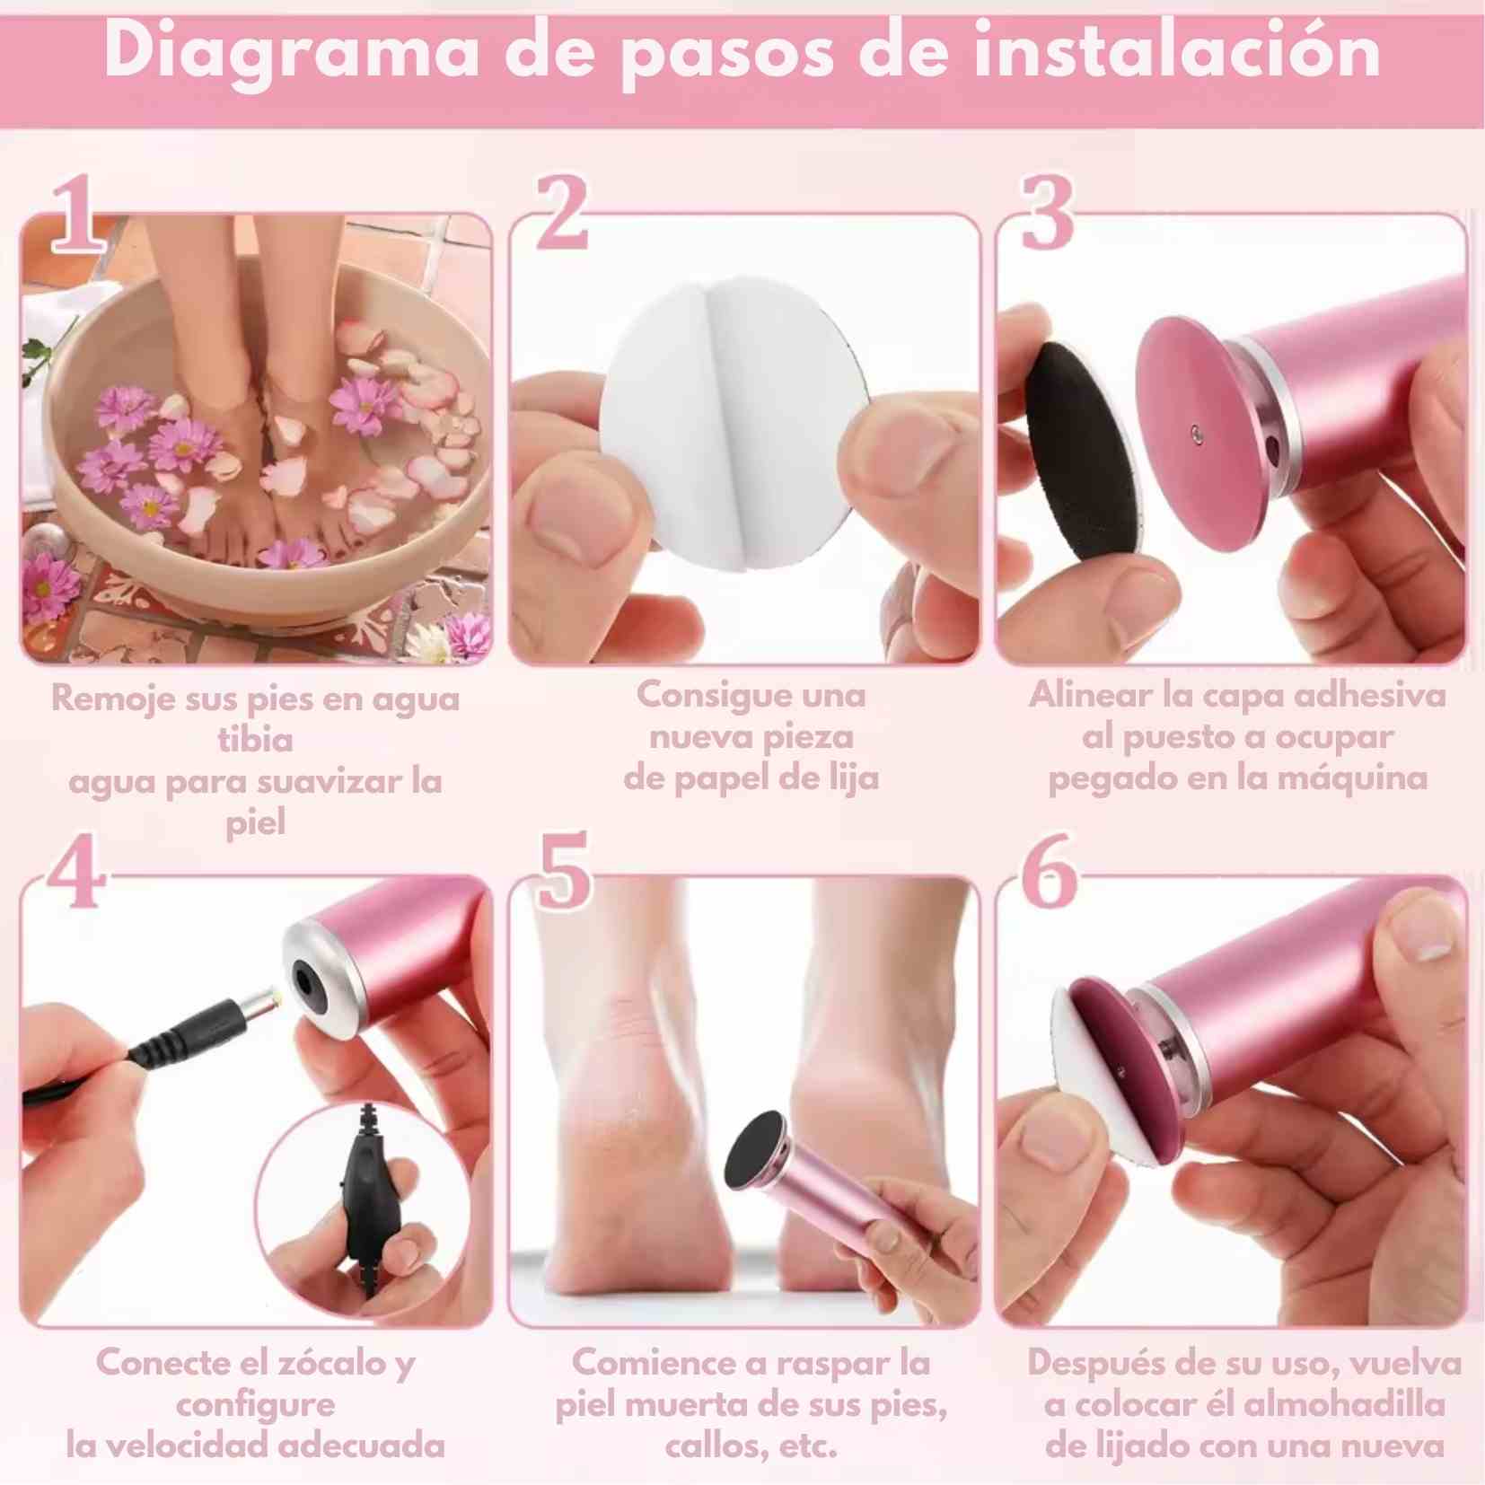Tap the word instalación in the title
pos(1177,52)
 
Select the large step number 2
pos(563,214)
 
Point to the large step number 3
pos(1047,214)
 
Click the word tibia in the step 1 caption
pos(255,739)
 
